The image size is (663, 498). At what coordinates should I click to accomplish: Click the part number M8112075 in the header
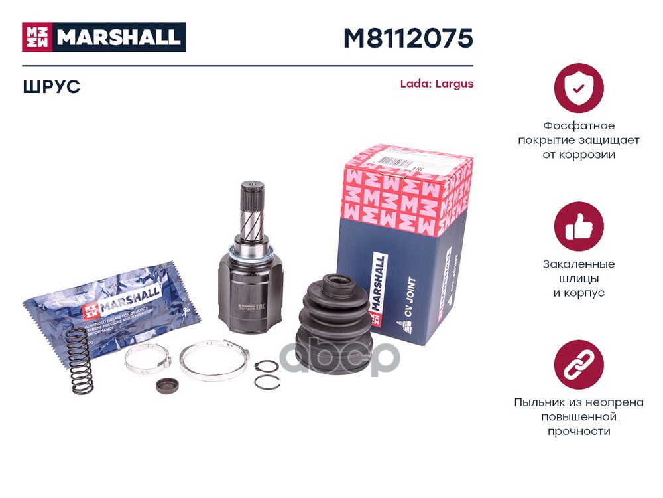[x=408, y=39]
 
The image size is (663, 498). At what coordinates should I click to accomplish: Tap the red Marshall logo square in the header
[x=37, y=37]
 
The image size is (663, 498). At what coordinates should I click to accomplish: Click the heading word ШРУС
[x=51, y=87]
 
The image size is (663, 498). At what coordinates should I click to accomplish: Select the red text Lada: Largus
[x=436, y=84]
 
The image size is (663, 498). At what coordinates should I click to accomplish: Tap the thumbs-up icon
[x=578, y=226]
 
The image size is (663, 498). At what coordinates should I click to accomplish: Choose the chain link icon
[x=578, y=365]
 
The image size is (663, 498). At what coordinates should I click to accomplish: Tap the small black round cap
[x=165, y=386]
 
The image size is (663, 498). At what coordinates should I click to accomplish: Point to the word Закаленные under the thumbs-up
[x=579, y=264]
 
